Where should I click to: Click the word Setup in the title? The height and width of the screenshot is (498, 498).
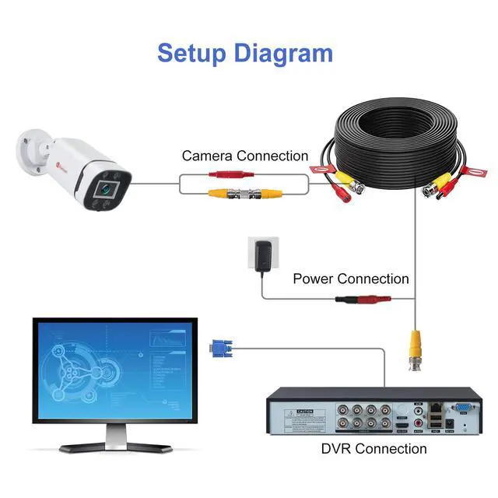(195, 53)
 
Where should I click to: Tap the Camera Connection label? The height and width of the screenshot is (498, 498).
(245, 156)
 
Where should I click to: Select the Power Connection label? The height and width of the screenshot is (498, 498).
(350, 279)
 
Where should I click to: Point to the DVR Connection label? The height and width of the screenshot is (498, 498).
(373, 449)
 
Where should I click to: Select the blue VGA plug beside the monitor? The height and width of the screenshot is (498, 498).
(220, 348)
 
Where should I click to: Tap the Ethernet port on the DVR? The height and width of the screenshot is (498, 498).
(440, 406)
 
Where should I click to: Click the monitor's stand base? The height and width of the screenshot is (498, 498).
(117, 447)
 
